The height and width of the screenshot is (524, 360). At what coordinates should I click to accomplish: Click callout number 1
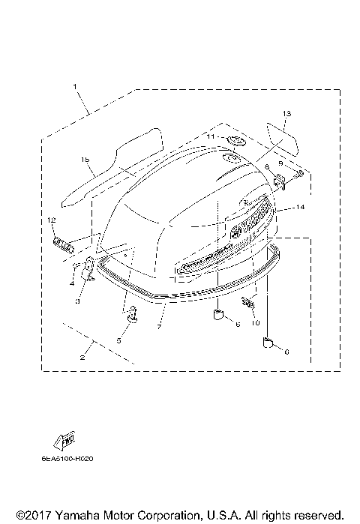click(x=76, y=87)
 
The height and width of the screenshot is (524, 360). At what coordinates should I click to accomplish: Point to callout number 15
click(x=85, y=160)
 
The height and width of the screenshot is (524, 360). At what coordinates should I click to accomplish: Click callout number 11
click(x=211, y=138)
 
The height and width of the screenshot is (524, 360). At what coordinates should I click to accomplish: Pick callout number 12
click(x=51, y=220)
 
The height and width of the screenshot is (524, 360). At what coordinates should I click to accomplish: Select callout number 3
click(x=76, y=301)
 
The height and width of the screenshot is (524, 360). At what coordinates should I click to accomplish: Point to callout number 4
click(x=72, y=283)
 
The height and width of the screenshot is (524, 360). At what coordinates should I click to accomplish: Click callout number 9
click(x=281, y=163)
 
